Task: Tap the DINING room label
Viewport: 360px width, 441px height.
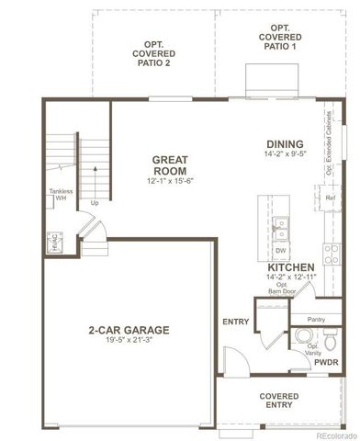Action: pyautogui.click(x=285, y=143)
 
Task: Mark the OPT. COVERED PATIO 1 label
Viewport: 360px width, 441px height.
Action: pyautogui.click(x=280, y=39)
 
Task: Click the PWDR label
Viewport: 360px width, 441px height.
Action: pyautogui.click(x=327, y=362)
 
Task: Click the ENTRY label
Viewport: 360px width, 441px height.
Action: pyautogui.click(x=236, y=322)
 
